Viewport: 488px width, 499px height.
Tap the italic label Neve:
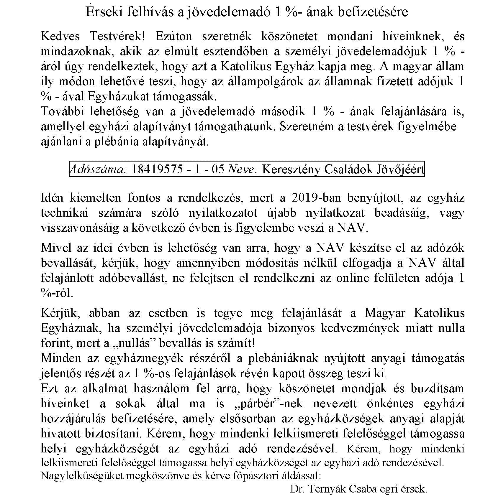(243, 169)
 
